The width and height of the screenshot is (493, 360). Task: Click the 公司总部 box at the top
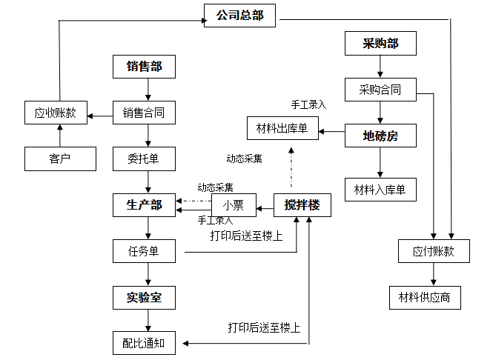239,15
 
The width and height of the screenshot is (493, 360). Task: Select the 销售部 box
144,67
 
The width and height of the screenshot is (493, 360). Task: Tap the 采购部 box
380,44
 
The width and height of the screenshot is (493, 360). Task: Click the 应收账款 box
55,113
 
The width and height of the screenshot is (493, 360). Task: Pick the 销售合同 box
144,113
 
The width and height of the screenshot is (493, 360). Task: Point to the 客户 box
60,159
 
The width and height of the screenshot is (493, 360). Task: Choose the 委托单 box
144,159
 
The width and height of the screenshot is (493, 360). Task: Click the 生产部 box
144,205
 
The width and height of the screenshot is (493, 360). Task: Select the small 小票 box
233,205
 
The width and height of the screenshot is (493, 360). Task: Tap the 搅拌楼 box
302,205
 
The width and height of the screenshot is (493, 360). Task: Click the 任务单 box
144,251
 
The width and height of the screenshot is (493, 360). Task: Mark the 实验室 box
144,298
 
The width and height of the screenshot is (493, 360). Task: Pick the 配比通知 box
144,343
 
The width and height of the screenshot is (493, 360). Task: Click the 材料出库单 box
282,129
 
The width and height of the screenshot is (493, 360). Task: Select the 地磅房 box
380,136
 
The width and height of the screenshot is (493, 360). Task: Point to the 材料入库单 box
380,189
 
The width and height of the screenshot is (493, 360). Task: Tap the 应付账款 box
433,251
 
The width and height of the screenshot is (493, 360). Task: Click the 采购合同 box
380,90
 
